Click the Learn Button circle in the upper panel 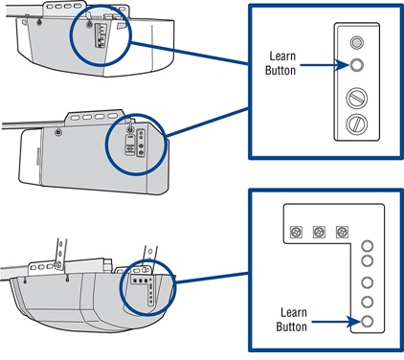pos(356,65)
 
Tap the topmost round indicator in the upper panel pos(356,42)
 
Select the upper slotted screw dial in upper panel pos(357,98)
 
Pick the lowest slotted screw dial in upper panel pos(357,124)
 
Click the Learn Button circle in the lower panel pos(368,321)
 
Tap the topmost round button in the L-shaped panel pos(368,246)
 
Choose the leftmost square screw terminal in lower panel pos(296,232)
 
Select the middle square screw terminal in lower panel pos(319,232)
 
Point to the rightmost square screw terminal pos(342,232)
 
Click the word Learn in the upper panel pos(282,56)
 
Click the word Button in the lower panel pos(291,326)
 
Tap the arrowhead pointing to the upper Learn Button pos(343,65)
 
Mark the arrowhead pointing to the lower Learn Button pos(355,322)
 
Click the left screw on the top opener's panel pos(39,22)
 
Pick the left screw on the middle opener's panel pos(57,132)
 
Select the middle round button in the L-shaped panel pos(368,282)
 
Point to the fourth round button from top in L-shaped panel pos(368,302)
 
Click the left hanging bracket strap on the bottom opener pos(61,253)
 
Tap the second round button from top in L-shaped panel pos(368,260)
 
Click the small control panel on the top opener pos(101,36)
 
